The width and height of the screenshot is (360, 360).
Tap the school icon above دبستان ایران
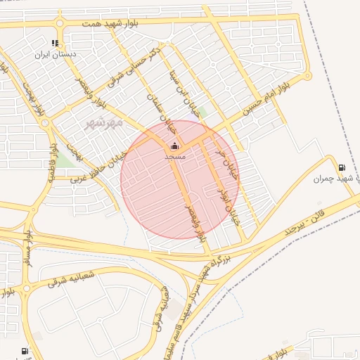[56, 43]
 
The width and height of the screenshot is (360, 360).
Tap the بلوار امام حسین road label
[266, 98]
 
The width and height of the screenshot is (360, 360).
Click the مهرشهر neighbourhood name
[104, 123]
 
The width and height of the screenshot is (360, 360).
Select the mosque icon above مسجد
[174, 146]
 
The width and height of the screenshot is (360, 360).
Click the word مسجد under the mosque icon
[174, 156]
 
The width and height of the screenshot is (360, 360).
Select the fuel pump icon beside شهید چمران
[342, 167]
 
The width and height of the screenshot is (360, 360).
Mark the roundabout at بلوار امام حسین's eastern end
[307, 75]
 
